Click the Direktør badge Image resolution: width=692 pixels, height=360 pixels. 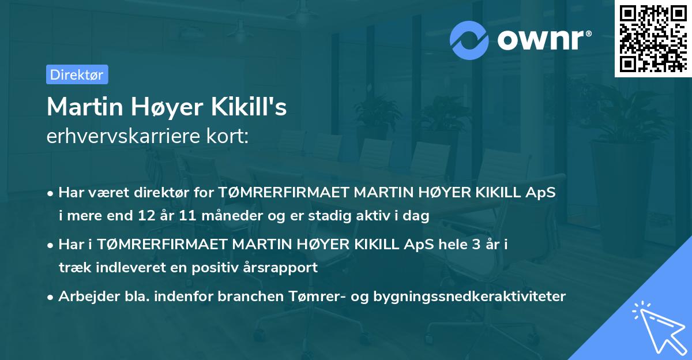(x=77, y=74)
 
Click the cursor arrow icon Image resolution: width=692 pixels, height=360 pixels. (x=657, y=327)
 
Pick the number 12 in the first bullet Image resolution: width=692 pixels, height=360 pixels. (x=144, y=216)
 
